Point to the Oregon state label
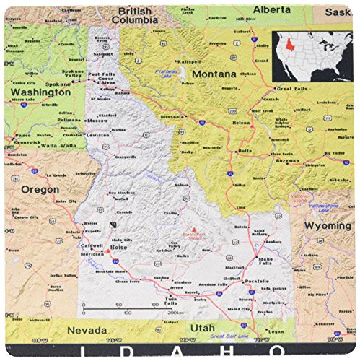[39, 189]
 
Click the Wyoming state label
[325, 226]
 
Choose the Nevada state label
[83, 329]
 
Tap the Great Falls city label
[293, 88]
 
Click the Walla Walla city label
[58, 145]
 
